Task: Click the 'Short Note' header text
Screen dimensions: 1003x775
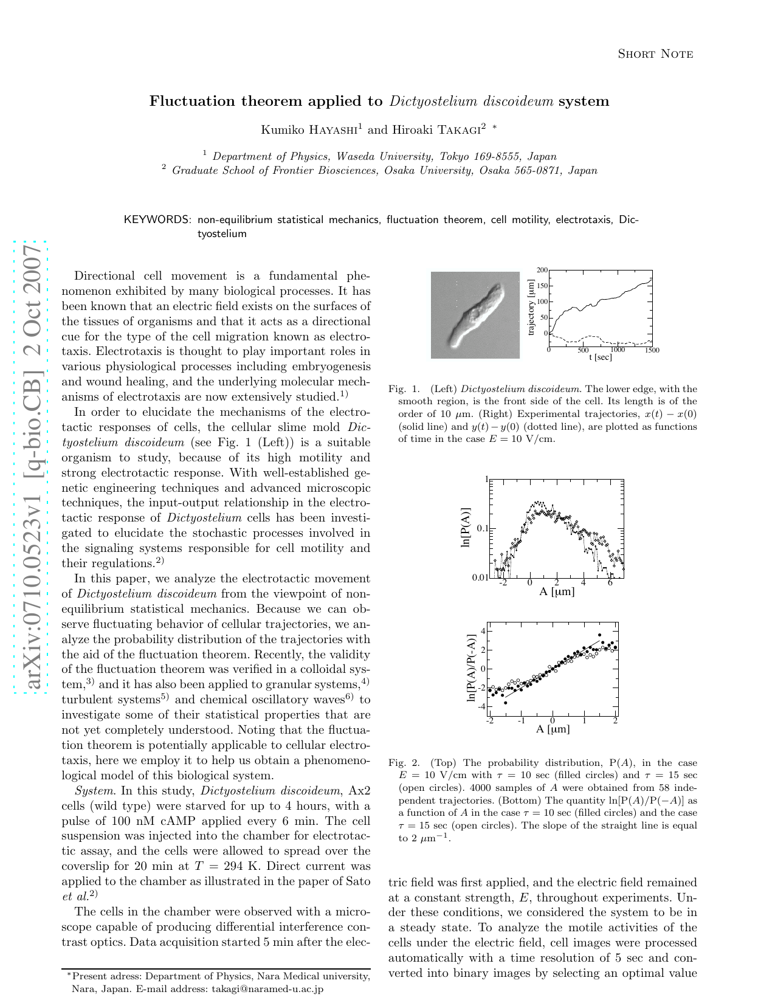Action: [x=655, y=54]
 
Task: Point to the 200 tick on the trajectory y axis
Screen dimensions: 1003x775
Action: [x=542, y=270]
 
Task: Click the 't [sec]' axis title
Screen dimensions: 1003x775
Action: [x=600, y=357]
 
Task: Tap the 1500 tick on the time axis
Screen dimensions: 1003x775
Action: [x=652, y=350]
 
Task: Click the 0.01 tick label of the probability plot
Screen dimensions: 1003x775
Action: [x=480, y=577]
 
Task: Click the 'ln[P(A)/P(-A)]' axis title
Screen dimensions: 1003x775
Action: [x=470, y=669]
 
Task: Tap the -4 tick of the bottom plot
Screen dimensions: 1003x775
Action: [x=481, y=706]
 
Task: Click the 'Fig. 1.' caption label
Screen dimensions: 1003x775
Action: [x=404, y=389]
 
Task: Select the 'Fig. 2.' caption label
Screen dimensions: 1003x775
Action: [x=404, y=763]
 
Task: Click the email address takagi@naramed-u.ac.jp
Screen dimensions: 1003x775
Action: [x=267, y=989]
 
